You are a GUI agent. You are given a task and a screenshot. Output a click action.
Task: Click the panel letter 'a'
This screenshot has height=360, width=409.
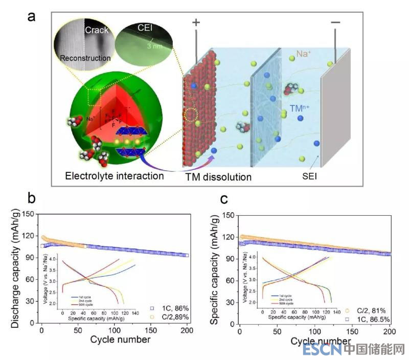32,16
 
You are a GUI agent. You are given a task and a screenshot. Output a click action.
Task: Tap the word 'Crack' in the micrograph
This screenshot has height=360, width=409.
97,30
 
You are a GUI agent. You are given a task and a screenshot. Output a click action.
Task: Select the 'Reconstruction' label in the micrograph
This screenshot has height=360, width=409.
85,58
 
